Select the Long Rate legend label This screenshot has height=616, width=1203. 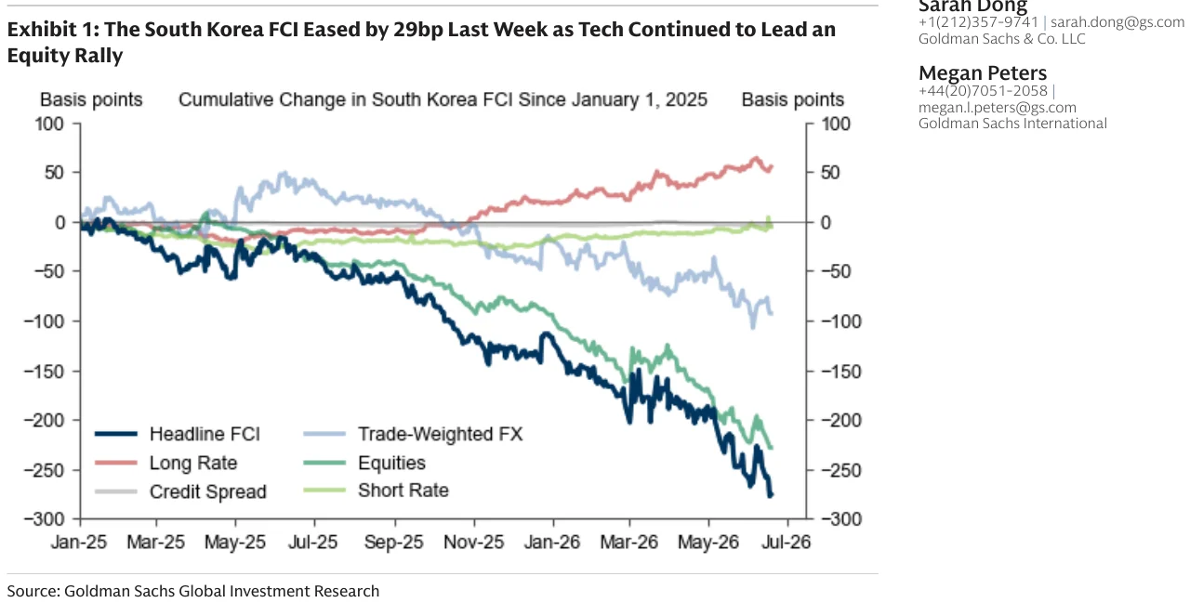[x=193, y=463]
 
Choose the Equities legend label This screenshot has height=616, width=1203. [x=391, y=463]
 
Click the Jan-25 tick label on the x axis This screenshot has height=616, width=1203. [x=79, y=542]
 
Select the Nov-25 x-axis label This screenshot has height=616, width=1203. [x=474, y=542]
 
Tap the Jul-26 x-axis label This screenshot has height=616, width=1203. [x=787, y=542]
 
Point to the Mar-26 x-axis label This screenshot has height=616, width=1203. [x=628, y=542]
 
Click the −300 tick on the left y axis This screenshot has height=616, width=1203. [x=44, y=519]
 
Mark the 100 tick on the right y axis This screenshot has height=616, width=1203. [x=836, y=124]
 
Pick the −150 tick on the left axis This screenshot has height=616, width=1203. [x=44, y=372]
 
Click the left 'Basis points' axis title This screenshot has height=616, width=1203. [x=91, y=99]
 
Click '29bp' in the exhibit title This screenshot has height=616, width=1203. [x=418, y=30]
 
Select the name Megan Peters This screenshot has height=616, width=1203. [x=983, y=73]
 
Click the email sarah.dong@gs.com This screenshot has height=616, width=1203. [x=1117, y=22]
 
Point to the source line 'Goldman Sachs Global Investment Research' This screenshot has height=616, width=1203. [x=222, y=591]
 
